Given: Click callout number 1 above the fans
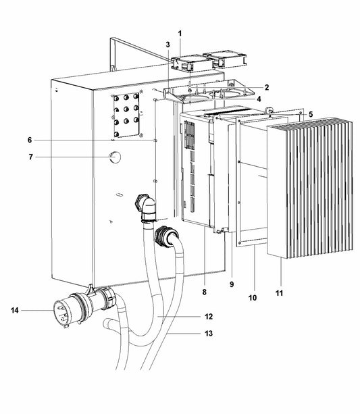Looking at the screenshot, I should pos(180,33).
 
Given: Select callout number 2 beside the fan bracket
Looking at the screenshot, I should pos(267,87).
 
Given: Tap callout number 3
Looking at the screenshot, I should pos(168,45).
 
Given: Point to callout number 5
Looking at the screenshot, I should pos(310,113).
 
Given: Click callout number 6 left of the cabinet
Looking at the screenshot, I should pos(30,140).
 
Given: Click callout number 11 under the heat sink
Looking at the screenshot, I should pos(280,294).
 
